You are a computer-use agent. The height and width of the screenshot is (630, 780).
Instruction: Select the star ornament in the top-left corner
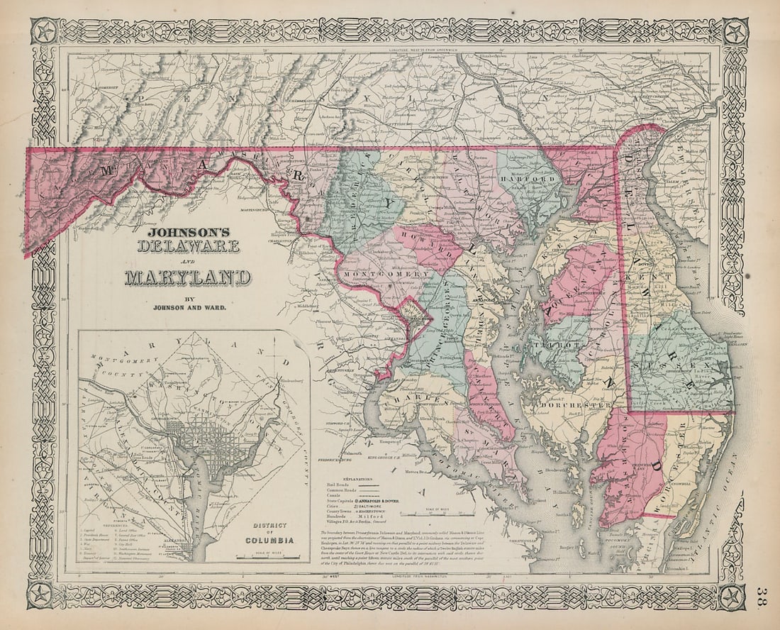click(44, 32)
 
